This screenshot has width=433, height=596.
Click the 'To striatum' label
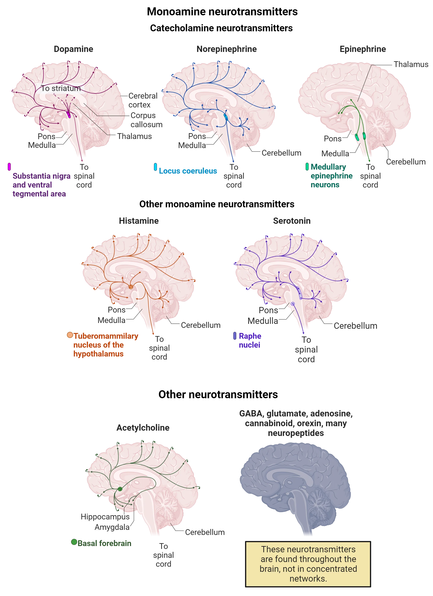pos(61,88)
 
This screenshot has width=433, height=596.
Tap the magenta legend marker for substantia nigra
pos(9,167)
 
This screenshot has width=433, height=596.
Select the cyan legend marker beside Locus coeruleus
pos(155,167)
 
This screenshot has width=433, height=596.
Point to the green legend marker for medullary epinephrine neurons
pos(307,167)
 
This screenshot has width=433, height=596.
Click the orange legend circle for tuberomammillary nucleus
pos(70,335)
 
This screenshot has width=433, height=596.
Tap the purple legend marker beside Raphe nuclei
pos(234,336)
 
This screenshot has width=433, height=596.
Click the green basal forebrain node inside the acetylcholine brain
pos(120,489)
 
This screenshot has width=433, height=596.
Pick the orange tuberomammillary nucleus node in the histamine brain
pos(131,287)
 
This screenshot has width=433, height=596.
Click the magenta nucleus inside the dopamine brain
pos(68,114)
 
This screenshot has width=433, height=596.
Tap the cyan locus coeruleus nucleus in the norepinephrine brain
pos(226,117)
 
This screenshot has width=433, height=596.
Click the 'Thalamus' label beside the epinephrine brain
pos(411,64)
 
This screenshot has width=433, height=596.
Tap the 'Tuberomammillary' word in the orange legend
pos(106,336)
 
